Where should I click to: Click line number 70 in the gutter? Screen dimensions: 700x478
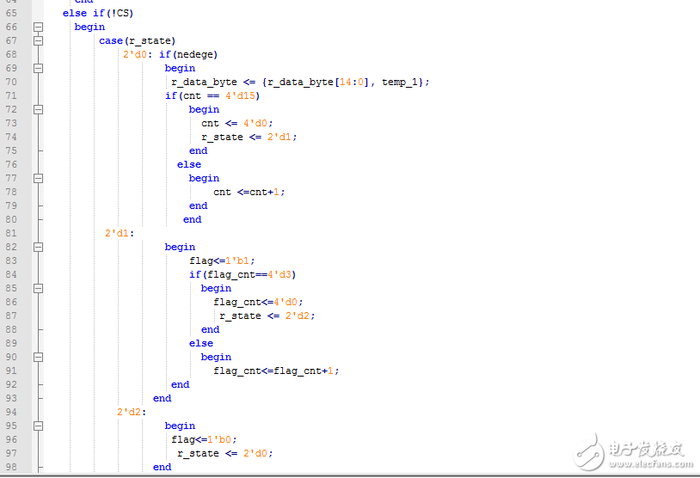11,82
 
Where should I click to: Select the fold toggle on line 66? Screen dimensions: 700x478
39,28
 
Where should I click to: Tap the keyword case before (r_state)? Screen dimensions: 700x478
111,41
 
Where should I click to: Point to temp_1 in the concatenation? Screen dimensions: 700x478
400,83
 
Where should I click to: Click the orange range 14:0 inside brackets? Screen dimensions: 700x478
352,83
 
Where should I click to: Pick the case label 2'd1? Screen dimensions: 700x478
120,233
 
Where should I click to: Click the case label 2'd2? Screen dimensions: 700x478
132,412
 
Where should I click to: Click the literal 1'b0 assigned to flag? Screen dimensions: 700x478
219,439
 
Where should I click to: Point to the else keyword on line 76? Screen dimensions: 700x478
189,164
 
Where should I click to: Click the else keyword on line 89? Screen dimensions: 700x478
201,343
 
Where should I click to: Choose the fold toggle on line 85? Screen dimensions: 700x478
39,288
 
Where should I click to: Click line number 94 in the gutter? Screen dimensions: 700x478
11,412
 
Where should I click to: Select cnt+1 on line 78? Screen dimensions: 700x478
264,192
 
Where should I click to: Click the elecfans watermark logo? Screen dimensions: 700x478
633,452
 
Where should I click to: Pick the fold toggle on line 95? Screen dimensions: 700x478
39,426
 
